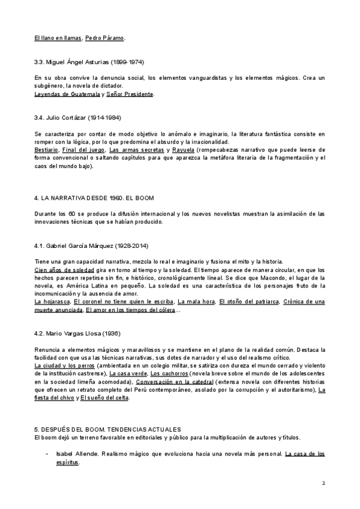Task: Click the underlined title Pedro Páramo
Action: coord(105,38)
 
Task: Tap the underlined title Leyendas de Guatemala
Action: coord(67,94)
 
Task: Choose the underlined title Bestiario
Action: coord(46,149)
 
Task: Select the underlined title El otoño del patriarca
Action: coord(250,301)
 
